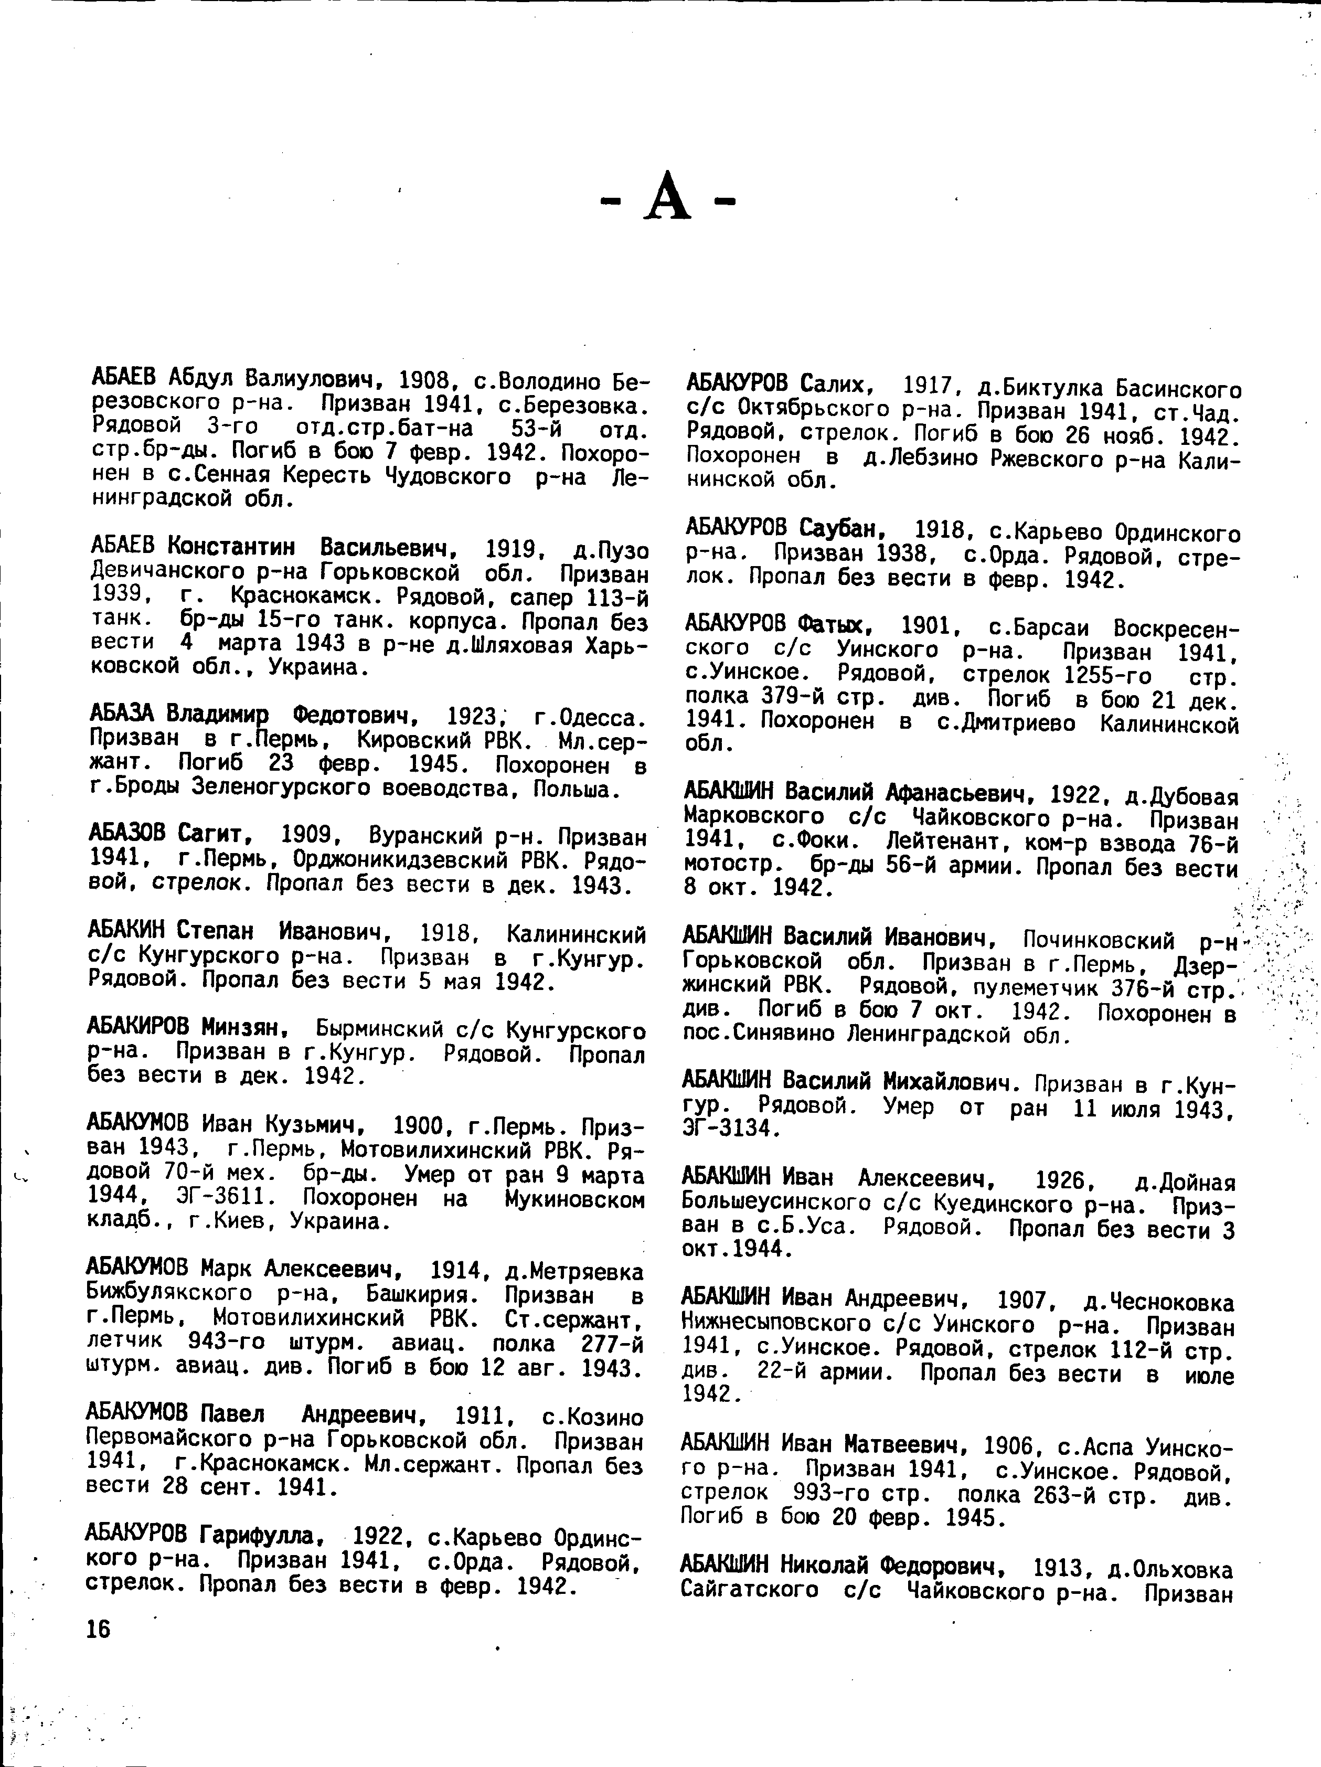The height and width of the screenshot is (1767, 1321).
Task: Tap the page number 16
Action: coord(98,1629)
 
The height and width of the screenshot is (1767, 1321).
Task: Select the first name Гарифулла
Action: coord(261,1535)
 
